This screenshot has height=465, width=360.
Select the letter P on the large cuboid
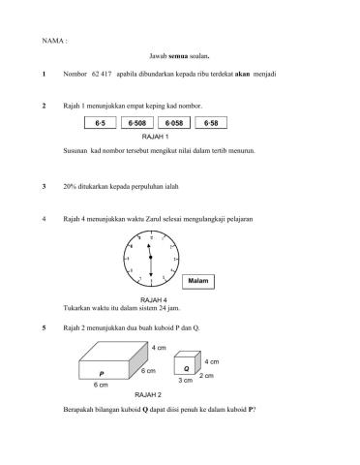[101, 373]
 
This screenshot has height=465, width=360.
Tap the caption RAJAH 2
[148, 395]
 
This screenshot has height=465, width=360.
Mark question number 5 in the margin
[45, 328]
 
